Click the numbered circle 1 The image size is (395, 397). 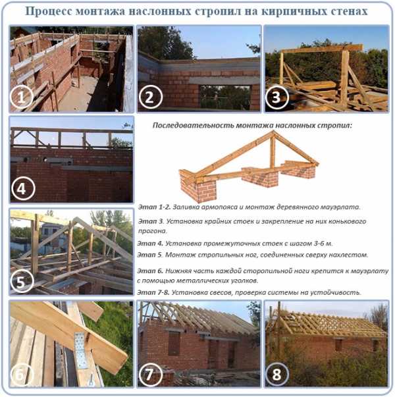pyautogui.click(x=22, y=97)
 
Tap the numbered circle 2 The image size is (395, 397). pyautogui.click(x=150, y=97)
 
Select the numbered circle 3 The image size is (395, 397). pyautogui.click(x=276, y=97)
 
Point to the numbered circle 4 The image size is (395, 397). pyautogui.click(x=22, y=189)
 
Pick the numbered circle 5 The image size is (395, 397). pyautogui.click(x=22, y=281)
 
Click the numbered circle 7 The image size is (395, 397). pyautogui.click(x=150, y=375)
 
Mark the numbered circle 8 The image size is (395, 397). pyautogui.click(x=276, y=375)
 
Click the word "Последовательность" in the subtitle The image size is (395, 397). pyautogui.click(x=193, y=126)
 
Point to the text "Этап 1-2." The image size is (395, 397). pyautogui.click(x=154, y=207)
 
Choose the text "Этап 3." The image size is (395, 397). pyautogui.click(x=151, y=221)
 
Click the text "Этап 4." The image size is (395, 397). pyautogui.click(x=150, y=244)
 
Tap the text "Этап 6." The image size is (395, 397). pyautogui.click(x=150, y=271)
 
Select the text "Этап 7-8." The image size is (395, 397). pyautogui.click(x=153, y=293)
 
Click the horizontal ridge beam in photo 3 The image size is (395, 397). pyautogui.click(x=321, y=49)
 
